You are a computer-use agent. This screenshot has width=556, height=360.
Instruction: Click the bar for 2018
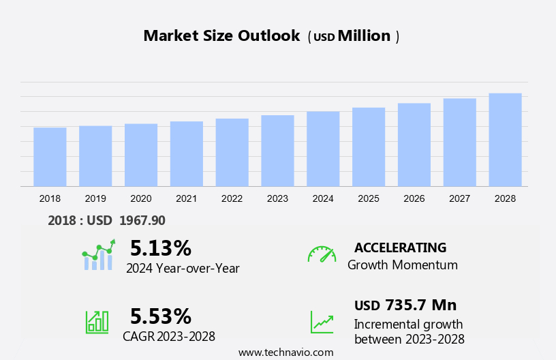(x=50, y=157)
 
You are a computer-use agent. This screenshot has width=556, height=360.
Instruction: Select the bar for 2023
(x=277, y=151)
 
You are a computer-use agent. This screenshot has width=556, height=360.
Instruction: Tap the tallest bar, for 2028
(x=505, y=140)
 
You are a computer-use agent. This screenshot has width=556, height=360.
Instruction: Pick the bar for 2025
(x=369, y=147)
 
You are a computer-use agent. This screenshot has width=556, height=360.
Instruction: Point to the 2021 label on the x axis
(x=186, y=198)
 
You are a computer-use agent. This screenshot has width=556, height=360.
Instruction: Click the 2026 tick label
(x=414, y=198)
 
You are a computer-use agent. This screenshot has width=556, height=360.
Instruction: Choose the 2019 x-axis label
(x=95, y=198)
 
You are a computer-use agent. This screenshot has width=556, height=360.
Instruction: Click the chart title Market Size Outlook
(x=221, y=36)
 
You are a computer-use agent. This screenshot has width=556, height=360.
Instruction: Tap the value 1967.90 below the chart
(x=142, y=220)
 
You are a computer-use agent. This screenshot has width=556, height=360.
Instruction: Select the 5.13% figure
(x=161, y=247)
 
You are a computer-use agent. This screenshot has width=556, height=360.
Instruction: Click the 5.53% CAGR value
(x=161, y=316)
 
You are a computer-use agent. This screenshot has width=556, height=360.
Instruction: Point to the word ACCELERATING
(x=400, y=247)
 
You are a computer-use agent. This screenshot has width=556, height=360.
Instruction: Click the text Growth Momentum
(x=402, y=265)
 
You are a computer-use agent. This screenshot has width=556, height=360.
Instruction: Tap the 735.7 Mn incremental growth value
(x=420, y=305)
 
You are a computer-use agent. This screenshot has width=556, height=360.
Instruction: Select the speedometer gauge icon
(x=322, y=254)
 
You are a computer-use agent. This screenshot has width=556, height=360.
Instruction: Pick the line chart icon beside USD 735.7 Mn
(x=322, y=322)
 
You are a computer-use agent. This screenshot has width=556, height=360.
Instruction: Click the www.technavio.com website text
(x=285, y=352)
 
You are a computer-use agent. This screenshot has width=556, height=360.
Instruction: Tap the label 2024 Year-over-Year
(x=183, y=269)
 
